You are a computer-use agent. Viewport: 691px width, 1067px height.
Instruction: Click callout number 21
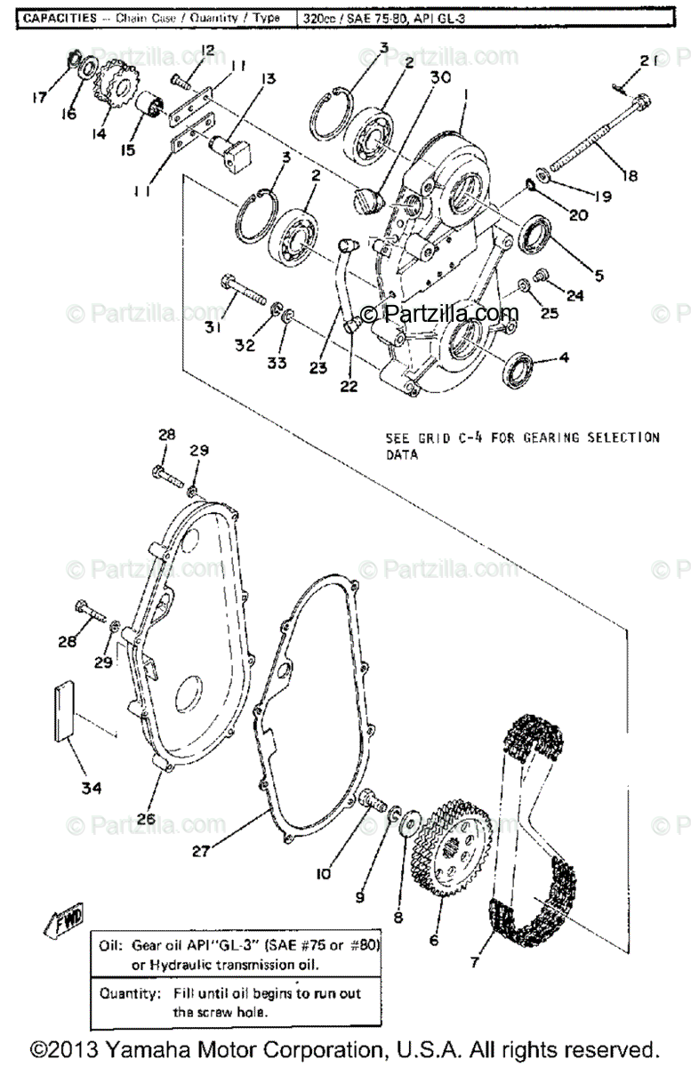(x=647, y=61)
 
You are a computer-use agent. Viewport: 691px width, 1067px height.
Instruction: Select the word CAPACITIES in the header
(x=60, y=18)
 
